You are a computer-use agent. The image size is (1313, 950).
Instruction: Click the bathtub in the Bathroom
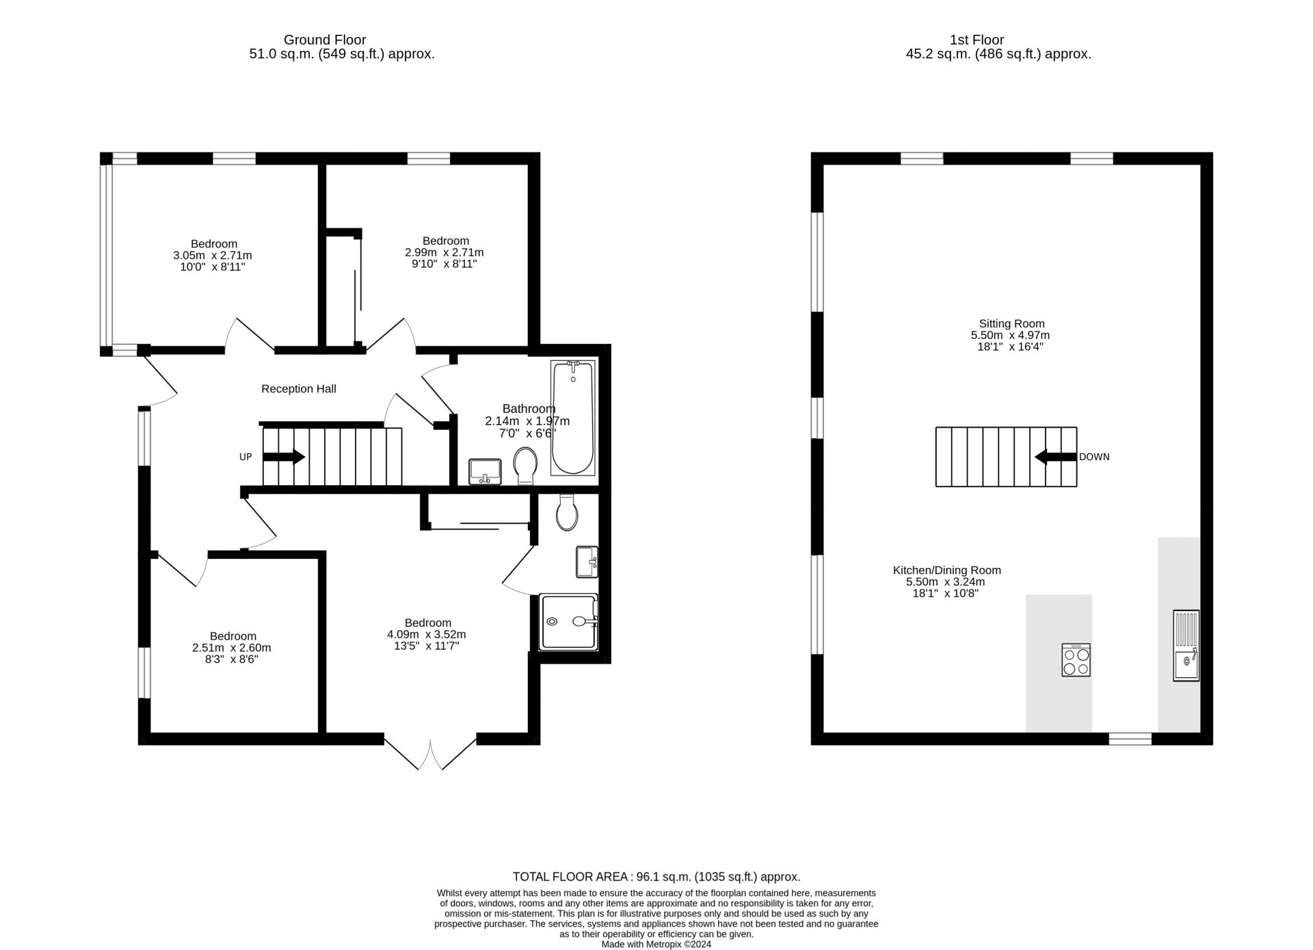tap(573, 418)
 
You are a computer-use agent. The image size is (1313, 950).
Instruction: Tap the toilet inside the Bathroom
tap(525, 465)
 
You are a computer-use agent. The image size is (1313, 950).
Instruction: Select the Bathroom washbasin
tap(485, 472)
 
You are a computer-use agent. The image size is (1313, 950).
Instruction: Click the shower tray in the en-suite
tap(569, 621)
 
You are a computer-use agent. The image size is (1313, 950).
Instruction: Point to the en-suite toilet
tap(568, 513)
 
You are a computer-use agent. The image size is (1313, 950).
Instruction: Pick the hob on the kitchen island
tap(1076, 660)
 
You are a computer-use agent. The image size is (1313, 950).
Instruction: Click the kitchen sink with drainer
tap(1186, 645)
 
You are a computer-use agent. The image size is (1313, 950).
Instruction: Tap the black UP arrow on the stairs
tap(284, 457)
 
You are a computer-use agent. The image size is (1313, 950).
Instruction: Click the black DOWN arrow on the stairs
tap(1056, 457)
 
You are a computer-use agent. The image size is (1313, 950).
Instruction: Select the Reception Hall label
tap(299, 389)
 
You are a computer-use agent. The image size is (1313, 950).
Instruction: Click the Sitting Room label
tap(1011, 324)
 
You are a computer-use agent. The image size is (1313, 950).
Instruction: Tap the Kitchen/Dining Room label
tap(946, 570)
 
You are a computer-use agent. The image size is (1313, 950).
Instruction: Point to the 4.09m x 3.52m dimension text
tap(427, 634)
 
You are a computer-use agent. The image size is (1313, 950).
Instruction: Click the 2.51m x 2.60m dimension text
tap(232, 648)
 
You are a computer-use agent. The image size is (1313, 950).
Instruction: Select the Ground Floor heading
tap(325, 40)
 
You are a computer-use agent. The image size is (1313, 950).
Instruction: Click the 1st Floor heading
tap(977, 40)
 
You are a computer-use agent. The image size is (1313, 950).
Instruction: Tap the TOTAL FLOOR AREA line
tap(656, 877)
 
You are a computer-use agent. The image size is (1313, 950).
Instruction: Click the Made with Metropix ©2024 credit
tap(656, 945)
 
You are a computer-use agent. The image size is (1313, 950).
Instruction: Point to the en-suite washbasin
tap(587, 562)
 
